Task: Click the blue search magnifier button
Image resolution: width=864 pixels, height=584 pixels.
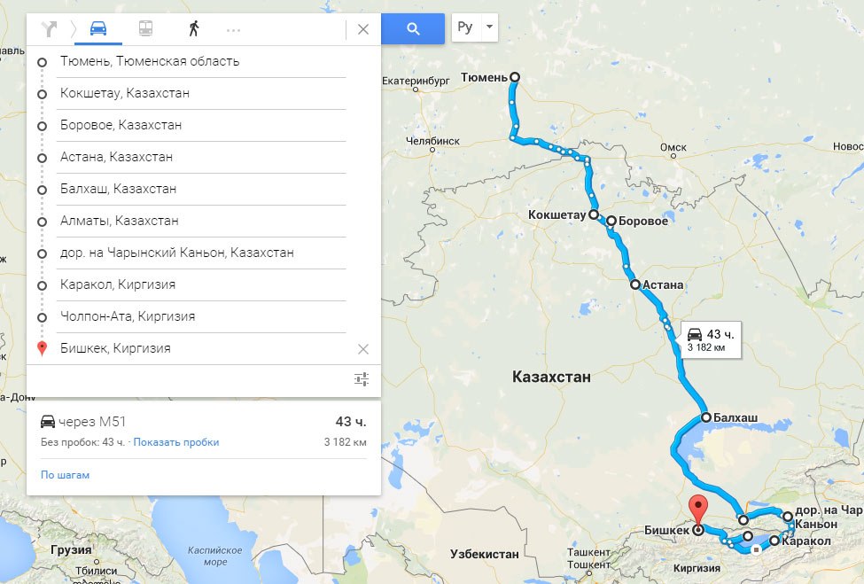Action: [412, 28]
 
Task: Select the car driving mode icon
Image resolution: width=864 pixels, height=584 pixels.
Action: [97, 28]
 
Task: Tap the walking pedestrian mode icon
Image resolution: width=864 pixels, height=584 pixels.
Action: [193, 28]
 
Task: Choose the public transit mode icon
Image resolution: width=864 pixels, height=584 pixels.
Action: [145, 28]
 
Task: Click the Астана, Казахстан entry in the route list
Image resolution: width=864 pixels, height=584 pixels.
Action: [116, 157]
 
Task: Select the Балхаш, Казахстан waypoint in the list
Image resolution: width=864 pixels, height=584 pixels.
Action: [118, 189]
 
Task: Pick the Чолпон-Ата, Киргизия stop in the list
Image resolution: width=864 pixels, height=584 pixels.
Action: [128, 316]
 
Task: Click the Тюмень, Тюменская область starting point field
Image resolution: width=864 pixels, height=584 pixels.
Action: [150, 61]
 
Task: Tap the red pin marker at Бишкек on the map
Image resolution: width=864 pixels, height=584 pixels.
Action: [698, 510]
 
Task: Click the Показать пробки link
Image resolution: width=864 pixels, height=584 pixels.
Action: [176, 442]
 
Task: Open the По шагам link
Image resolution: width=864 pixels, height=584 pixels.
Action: [65, 475]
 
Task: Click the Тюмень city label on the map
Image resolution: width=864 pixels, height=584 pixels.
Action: [484, 78]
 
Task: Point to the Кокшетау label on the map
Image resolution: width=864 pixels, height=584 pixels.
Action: [557, 214]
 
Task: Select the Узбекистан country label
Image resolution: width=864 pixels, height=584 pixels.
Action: [484, 554]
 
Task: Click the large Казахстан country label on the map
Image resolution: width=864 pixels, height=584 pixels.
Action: [551, 378]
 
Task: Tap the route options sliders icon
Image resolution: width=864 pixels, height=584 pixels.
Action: [361, 379]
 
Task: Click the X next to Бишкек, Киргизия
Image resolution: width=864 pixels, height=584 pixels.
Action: [362, 349]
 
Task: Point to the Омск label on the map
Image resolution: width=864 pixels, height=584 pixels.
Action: [673, 148]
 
